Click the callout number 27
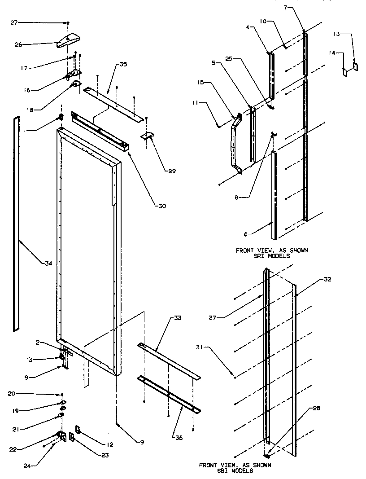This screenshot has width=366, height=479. tap(14, 22)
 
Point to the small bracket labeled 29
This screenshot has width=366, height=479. tap(148, 135)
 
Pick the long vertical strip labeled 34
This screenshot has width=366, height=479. tap(17, 224)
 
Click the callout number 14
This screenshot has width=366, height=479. tap(332, 53)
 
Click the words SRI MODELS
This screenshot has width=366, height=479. tap(272, 256)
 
